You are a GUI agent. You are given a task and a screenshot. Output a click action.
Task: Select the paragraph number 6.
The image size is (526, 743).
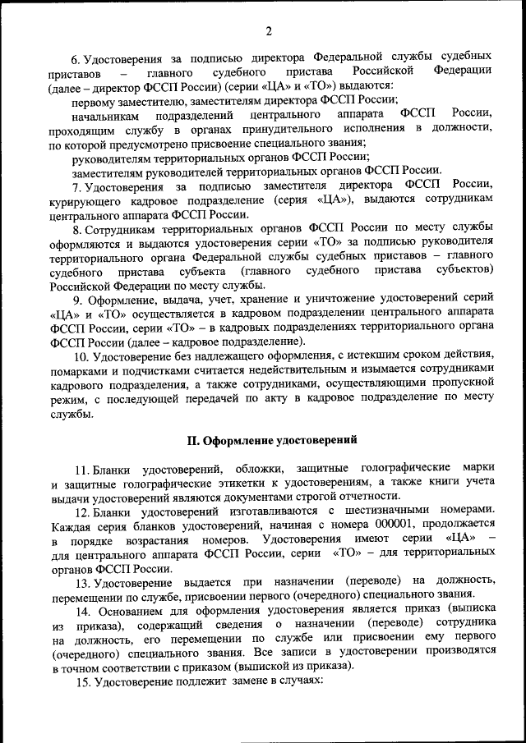coord(75,59)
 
